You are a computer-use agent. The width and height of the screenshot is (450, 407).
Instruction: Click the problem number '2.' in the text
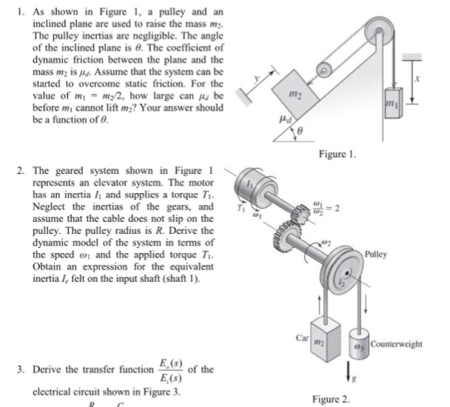pos(19,168)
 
